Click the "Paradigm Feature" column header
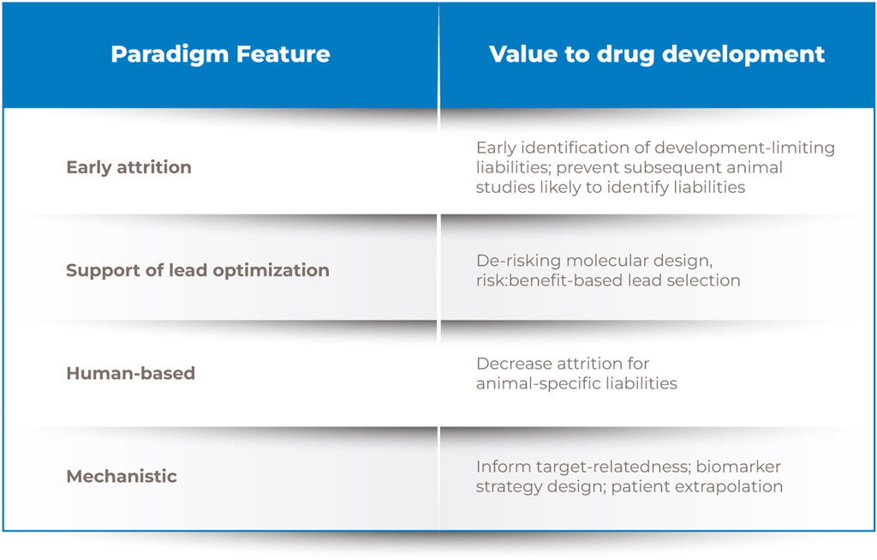(x=220, y=54)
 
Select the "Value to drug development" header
(x=657, y=54)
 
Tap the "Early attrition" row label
(x=128, y=167)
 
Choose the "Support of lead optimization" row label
(x=198, y=270)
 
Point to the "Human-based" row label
(x=130, y=373)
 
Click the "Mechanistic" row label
(x=122, y=476)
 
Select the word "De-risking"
(x=518, y=261)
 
